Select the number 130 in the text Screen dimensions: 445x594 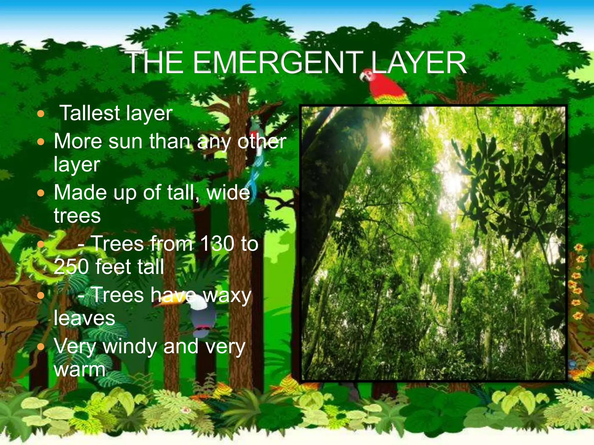click(217, 243)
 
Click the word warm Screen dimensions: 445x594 click(80, 369)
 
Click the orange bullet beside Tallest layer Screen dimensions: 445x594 click(41, 114)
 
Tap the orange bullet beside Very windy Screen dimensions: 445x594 click(41, 346)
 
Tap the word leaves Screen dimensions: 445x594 click(84, 318)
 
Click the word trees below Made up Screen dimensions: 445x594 click(77, 216)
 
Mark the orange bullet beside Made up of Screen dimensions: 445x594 click(41, 193)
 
